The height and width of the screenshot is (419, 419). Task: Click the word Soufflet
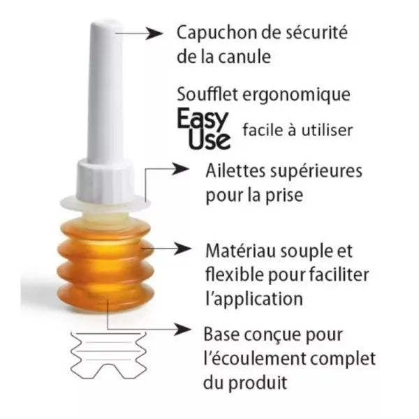pos(207,94)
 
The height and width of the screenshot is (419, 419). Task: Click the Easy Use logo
pos(204,129)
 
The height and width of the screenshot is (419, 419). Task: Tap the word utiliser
pos(327,131)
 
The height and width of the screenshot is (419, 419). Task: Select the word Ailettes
pos(236,170)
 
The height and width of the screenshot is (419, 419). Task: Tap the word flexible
pos(235,274)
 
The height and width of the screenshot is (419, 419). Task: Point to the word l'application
pos(254,300)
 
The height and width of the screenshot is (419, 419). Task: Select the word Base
pos(221,335)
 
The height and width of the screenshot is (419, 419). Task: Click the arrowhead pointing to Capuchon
pos(154,34)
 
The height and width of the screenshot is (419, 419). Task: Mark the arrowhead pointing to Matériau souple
pos(182,249)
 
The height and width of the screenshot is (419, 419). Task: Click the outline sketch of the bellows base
pos(108,355)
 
